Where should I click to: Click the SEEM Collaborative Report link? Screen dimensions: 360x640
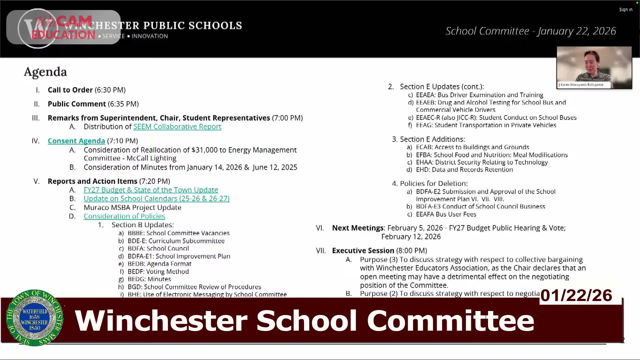pyautogui.click(x=177, y=127)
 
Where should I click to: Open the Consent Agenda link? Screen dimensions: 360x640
pyautogui.click(x=76, y=141)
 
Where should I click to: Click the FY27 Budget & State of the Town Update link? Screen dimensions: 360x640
pyautogui.click(x=151, y=190)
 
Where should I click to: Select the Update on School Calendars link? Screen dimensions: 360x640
pyautogui.click(x=156, y=199)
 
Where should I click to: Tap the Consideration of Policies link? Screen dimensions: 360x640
pyautogui.click(x=124, y=216)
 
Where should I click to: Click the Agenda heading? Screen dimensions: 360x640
pyautogui.click(x=45, y=72)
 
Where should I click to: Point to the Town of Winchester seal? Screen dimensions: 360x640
pyautogui.click(x=34, y=318)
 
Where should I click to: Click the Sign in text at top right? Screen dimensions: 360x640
pyautogui.click(x=626, y=10)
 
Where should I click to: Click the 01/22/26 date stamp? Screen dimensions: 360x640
pyautogui.click(x=576, y=295)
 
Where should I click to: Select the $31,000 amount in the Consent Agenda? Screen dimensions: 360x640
pyautogui.click(x=204, y=150)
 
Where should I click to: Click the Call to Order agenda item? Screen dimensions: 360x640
pyautogui.click(x=70, y=90)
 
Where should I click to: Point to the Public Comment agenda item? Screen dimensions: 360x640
pyautogui.click(x=77, y=104)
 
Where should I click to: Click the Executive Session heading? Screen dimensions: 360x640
pyautogui.click(x=363, y=251)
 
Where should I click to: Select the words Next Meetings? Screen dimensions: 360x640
pyautogui.click(x=358, y=228)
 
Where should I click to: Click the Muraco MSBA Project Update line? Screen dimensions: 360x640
pyautogui.click(x=132, y=208)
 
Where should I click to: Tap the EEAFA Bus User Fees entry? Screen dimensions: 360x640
pyautogui.click(x=446, y=214)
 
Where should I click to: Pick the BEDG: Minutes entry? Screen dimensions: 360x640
pyautogui.click(x=149, y=279)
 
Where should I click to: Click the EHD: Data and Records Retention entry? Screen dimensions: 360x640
pyautogui.click(x=464, y=170)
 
